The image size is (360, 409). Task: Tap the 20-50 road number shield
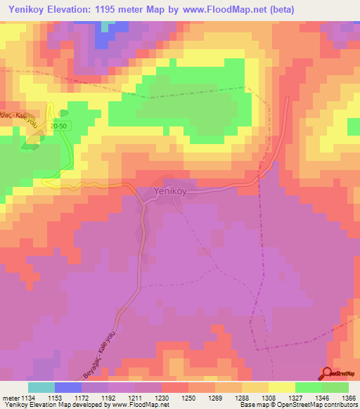[58, 125]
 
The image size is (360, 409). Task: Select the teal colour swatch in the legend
[41, 387]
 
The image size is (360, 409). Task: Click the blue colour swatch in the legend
[68, 387]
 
